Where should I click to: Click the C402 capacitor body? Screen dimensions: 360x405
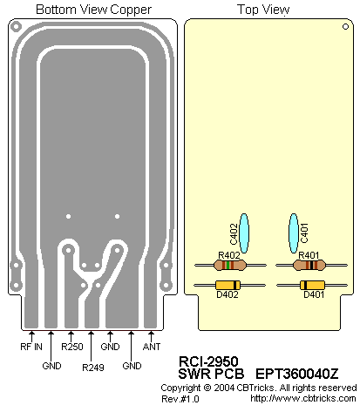point(244,233)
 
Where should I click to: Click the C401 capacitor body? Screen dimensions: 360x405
point(294,233)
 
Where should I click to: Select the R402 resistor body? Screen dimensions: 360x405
point(229,265)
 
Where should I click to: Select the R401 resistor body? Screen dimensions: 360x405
point(309,265)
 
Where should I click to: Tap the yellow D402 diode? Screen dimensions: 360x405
point(228,285)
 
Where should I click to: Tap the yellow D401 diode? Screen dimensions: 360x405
point(312,285)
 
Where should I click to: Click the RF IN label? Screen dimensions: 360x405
point(31,347)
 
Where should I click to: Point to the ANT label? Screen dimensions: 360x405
point(152,347)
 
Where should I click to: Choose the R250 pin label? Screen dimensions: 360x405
point(72,347)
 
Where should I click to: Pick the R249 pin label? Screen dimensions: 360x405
point(93,368)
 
